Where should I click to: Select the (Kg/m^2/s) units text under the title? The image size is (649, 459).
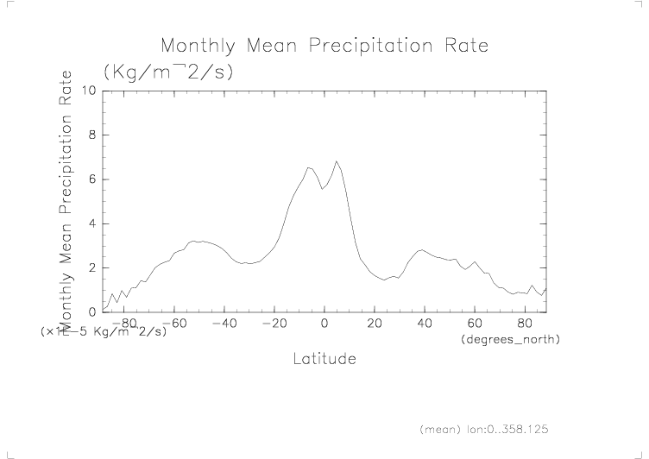(167, 72)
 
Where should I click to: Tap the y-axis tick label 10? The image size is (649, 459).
(88, 91)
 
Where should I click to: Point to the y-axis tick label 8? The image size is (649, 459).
(91, 135)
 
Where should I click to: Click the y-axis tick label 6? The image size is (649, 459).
(91, 179)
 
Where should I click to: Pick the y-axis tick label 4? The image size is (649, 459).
(91, 223)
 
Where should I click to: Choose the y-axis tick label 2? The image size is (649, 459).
(91, 267)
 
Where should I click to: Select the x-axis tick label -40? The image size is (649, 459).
(224, 324)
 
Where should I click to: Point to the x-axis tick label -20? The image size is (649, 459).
(274, 324)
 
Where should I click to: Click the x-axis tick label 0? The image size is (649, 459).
(324, 324)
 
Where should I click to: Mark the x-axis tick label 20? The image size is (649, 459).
(375, 324)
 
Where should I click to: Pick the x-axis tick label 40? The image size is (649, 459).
(425, 324)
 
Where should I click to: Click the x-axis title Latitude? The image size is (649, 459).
(324, 358)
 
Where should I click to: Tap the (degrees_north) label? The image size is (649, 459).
(511, 340)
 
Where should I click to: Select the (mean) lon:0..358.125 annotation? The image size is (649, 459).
(483, 429)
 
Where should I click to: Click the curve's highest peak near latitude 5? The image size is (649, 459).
(337, 161)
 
